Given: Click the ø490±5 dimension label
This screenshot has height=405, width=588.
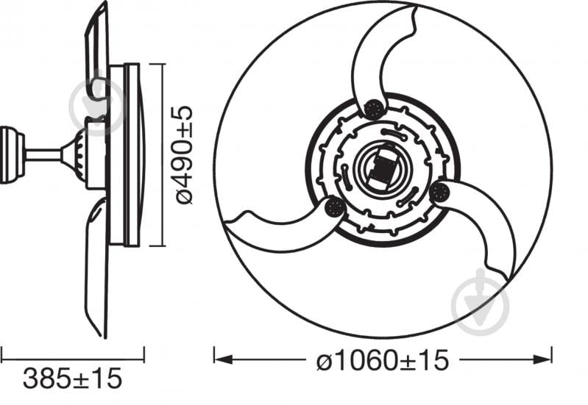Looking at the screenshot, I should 185,155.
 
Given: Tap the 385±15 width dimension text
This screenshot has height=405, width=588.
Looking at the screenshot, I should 71,379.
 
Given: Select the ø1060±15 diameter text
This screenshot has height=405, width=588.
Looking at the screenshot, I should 382,360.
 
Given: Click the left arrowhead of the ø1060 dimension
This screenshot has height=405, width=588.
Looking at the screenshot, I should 221,359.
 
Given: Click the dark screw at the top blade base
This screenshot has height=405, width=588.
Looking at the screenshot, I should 374,110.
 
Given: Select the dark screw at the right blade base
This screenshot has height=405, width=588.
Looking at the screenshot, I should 439,193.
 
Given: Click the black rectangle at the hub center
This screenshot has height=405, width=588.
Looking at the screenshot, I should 383,170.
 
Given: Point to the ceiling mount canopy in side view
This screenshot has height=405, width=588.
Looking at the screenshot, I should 10,155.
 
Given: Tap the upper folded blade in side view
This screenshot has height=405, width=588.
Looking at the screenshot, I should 98,51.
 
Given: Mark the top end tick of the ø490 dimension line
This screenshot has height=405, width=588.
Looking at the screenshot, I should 162,64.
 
